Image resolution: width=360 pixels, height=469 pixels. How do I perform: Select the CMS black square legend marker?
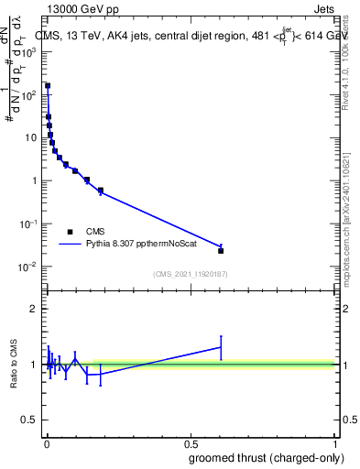tap(70, 232)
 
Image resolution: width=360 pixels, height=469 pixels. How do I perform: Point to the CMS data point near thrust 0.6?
tap(221, 250)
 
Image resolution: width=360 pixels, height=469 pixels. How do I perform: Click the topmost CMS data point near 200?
tap(48, 85)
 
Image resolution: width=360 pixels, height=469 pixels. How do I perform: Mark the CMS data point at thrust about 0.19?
tap(100, 191)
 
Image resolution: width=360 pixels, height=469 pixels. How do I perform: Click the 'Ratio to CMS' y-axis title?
tap(15, 365)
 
